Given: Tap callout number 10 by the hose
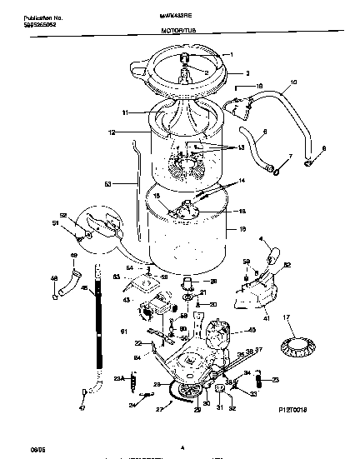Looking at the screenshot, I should tap(292, 83).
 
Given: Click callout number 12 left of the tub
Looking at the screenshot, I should tap(111, 132).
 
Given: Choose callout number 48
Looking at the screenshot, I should tap(54, 277).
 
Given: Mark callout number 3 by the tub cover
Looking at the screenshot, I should tap(247, 73).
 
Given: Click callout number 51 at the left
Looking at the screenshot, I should tap(56, 223).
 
